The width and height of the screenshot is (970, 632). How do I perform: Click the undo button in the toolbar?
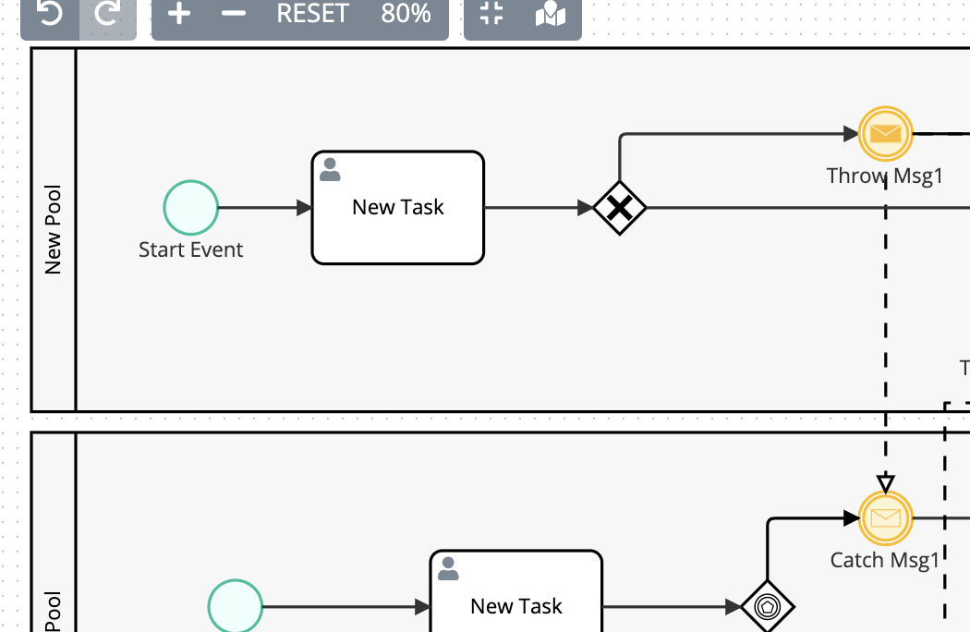[x=50, y=14]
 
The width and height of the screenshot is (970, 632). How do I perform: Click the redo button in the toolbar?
[x=108, y=14]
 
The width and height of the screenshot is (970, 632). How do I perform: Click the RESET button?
[x=312, y=14]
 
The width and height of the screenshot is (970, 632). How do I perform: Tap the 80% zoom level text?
[x=406, y=14]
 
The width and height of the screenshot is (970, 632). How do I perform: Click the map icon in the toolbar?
[x=551, y=14]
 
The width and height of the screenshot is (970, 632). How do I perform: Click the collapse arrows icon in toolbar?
[x=492, y=14]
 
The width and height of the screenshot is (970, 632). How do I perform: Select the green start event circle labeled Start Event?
[x=191, y=208]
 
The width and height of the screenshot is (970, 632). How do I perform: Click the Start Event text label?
[x=191, y=250]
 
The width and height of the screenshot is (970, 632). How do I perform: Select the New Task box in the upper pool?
[x=398, y=208]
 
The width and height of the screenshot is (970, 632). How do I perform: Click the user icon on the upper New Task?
[x=330, y=169]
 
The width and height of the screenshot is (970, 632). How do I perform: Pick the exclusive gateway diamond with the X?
[x=619, y=208]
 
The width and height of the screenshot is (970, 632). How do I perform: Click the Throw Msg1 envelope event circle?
[x=886, y=134]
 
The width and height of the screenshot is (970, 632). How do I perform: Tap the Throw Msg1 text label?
[x=884, y=176]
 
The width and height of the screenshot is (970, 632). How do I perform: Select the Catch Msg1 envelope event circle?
[x=886, y=518]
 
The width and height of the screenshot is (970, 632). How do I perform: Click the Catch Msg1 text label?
[x=884, y=560]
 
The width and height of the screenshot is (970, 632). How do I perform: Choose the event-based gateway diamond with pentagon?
[x=768, y=607]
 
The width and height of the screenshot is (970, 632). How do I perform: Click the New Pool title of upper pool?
[x=54, y=230]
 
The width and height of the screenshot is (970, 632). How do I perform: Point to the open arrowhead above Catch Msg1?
[x=886, y=483]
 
